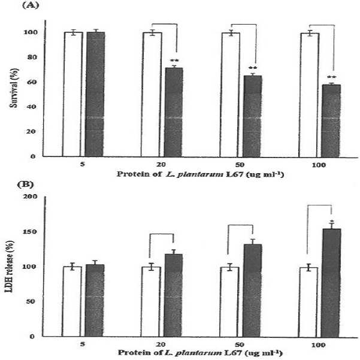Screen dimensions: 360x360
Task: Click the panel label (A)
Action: [31, 5]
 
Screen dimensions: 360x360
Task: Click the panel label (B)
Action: [26, 184]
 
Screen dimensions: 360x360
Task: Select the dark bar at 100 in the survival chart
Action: [331, 121]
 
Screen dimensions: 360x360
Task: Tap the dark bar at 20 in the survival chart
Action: [174, 112]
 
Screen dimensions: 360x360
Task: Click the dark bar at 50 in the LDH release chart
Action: [252, 291]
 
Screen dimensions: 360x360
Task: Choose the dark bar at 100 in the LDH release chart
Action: [331, 283]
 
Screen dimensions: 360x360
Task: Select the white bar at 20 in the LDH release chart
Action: [152, 302]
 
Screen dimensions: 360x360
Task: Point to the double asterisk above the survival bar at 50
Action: [253, 68]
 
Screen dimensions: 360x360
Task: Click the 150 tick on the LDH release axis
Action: [29, 231]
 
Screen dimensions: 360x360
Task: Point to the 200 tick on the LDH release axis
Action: [29, 196]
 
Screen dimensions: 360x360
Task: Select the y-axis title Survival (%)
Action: [14, 88]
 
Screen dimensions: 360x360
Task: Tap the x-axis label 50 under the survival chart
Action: [240, 165]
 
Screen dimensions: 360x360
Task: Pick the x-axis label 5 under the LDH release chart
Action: [83, 344]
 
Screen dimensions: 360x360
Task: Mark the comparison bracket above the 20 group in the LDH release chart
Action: [162, 234]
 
